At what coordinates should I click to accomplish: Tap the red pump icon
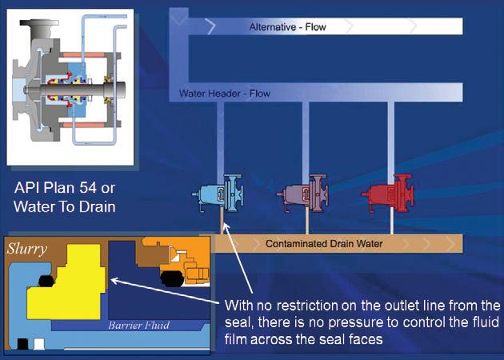pyautogui.click(x=386, y=195)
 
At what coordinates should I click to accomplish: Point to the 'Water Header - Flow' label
pyautogui.click(x=225, y=94)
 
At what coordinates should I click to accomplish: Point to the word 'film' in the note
pyautogui.click(x=240, y=341)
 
